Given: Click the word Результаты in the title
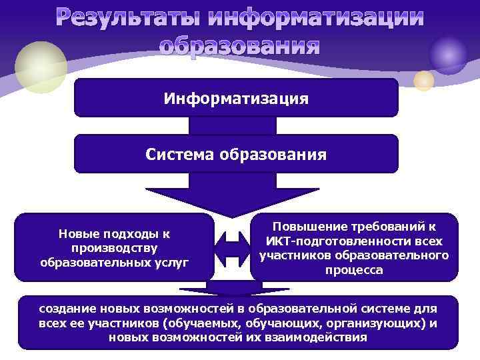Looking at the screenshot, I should coord(129,19).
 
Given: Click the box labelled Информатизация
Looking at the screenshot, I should coord(236,99).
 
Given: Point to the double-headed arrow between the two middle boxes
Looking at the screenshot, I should coord(233,247).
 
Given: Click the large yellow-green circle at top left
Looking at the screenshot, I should coord(41,67).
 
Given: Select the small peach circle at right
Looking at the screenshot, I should coord(423,81).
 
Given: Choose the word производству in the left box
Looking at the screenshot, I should coord(115,248).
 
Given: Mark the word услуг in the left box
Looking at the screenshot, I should coord(172,261).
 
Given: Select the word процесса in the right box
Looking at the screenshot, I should coord(353,271).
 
